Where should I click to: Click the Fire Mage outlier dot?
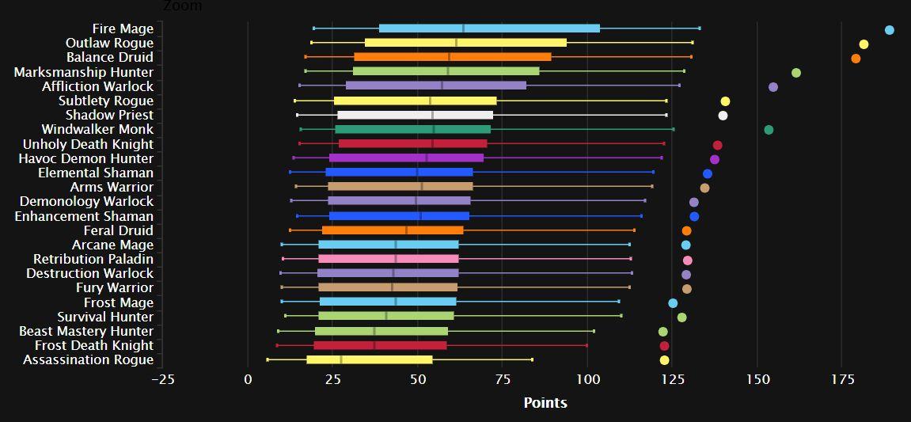click(x=889, y=30)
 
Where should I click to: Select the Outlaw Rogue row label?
click(x=109, y=43)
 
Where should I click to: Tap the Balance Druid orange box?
click(x=452, y=57)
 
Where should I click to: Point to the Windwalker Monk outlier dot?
click(x=769, y=130)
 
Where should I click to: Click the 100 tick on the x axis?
click(x=587, y=379)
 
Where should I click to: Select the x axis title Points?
click(x=545, y=403)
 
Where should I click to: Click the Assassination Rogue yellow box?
click(x=370, y=359)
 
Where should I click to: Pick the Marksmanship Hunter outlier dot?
click(x=796, y=73)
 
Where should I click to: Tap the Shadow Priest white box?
click(x=415, y=115)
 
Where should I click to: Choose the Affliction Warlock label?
click(x=97, y=86)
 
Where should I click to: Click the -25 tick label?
click(x=162, y=379)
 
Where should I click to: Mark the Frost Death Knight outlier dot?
click(x=664, y=346)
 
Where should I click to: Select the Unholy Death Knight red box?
click(x=412, y=144)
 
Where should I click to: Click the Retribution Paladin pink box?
click(x=388, y=259)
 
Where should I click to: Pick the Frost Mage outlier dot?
click(x=673, y=303)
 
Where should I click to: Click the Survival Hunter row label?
click(x=105, y=317)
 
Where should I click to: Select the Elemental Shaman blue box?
click(x=399, y=173)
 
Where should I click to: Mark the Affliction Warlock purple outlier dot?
click(x=773, y=87)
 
